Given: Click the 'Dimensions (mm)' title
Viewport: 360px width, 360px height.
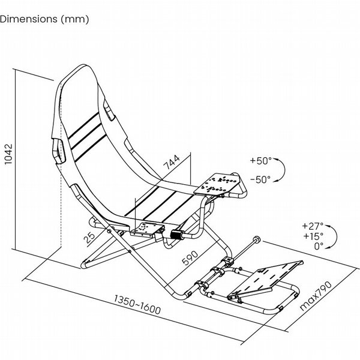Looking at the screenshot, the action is point(44,19).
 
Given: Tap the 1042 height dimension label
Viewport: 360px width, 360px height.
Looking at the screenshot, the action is point(8,154).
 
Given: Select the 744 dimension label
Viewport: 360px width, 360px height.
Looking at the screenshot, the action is point(171,161).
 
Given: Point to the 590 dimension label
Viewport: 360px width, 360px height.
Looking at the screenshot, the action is point(190,257).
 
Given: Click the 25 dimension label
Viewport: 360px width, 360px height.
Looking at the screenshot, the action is point(89,238).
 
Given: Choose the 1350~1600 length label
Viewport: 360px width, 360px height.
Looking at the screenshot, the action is point(137,304).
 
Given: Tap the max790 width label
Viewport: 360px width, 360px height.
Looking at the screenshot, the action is point(316,296).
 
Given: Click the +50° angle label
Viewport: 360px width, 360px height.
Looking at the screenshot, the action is point(260,160).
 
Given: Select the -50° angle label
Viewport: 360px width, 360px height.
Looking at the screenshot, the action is point(260,179).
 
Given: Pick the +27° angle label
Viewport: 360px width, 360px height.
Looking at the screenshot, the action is point(313,226).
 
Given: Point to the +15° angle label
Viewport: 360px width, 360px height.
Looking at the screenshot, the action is point(313,236).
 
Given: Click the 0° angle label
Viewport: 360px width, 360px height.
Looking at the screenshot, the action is point(319,246).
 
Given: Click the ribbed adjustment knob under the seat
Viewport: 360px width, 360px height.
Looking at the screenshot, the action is point(176,235).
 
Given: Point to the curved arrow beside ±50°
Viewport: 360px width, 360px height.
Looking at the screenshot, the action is point(284,170).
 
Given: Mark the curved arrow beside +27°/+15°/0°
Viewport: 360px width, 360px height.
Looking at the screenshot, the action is point(335,236).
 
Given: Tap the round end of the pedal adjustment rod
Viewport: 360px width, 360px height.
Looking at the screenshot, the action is point(257,239).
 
